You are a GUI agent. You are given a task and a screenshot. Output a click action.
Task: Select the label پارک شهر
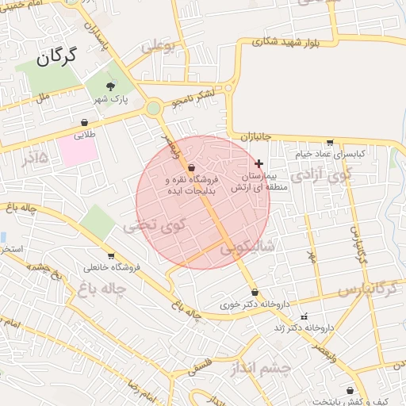pyautogui.click(x=109, y=99)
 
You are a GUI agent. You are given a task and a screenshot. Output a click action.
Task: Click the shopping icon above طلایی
pyautogui.click(x=84, y=122)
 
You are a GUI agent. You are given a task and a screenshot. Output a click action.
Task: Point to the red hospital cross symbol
pyautogui.click(x=259, y=163)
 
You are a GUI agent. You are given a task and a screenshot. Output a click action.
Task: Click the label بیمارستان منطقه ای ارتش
pyautogui.click(x=251, y=181)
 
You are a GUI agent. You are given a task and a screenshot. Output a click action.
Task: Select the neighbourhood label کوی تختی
pyautogui.click(x=154, y=226)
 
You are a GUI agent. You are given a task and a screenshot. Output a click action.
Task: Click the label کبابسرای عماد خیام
pyautogui.click(x=331, y=154)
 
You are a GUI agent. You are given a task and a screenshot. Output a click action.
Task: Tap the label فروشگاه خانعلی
pyautogui.click(x=110, y=267)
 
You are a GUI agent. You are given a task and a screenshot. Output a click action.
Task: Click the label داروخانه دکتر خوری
pyautogui.click(x=255, y=304)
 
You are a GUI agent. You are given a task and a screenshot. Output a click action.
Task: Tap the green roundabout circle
pyautogui.click(x=154, y=108)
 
